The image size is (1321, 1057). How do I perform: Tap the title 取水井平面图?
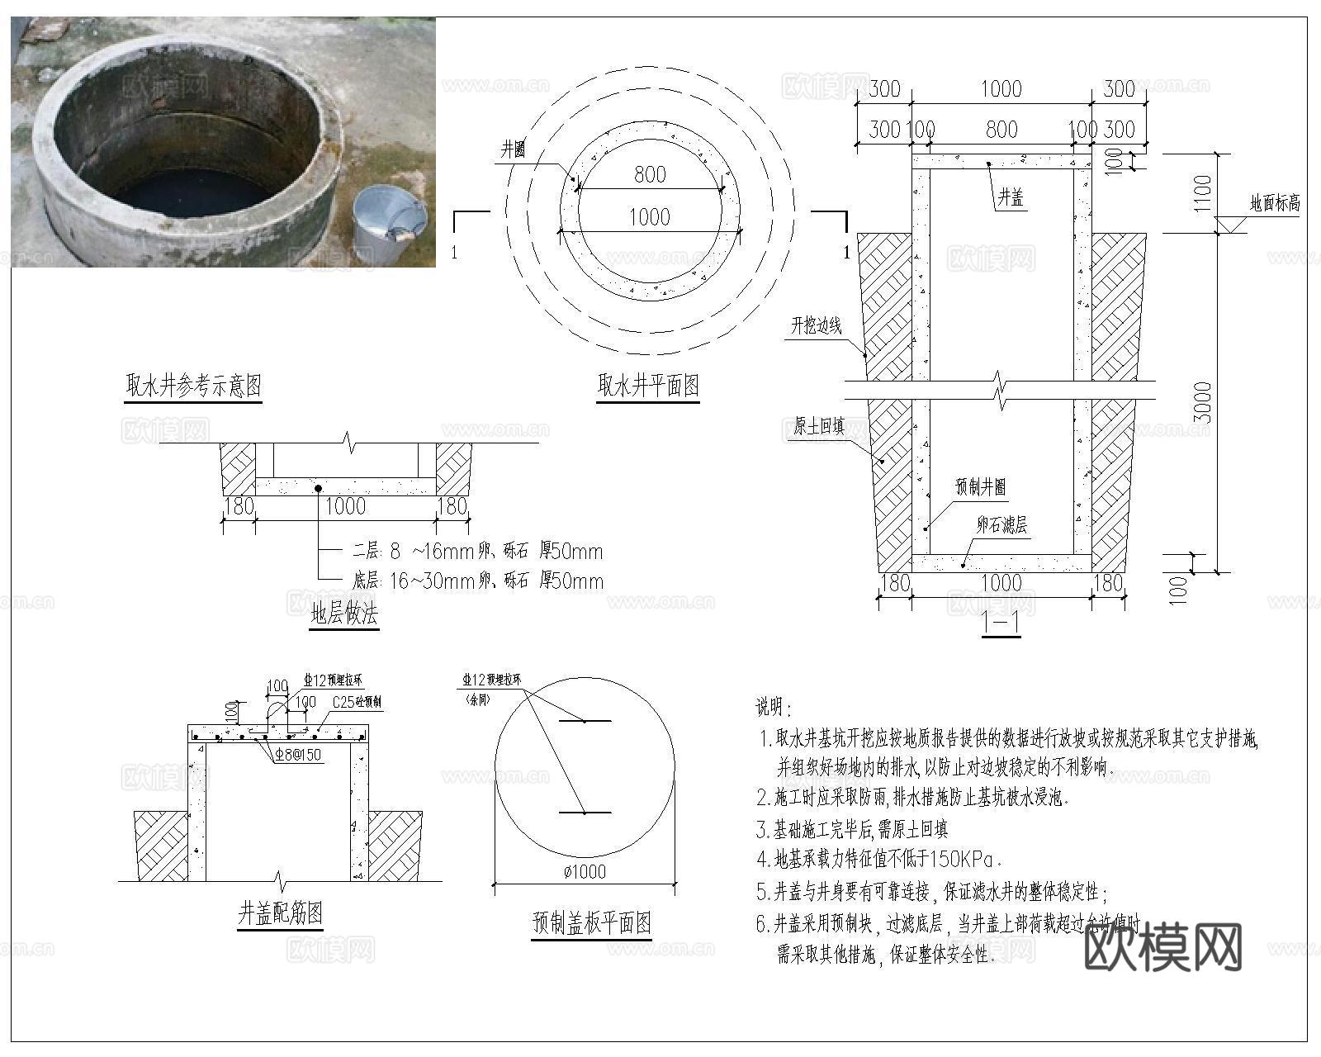coord(649,385)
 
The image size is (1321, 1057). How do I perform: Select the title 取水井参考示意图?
coord(193,385)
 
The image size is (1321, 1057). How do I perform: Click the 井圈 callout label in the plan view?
coord(513,149)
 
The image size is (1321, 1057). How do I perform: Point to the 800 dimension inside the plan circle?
coord(650,174)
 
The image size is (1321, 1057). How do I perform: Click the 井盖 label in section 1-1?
coord(1011,197)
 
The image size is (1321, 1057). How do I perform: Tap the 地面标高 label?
coord(1275,203)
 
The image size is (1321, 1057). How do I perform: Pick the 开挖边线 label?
coord(817,325)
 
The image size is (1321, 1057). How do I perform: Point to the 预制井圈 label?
coord(981,487)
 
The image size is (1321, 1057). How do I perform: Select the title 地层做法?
coord(344,614)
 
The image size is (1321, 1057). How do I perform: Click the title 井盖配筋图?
coord(280,913)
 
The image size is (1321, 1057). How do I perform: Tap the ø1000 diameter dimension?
coord(585,871)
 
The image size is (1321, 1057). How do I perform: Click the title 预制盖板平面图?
coord(592,922)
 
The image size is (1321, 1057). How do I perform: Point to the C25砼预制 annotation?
coord(357,702)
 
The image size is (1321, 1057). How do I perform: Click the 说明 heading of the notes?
coord(774,707)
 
